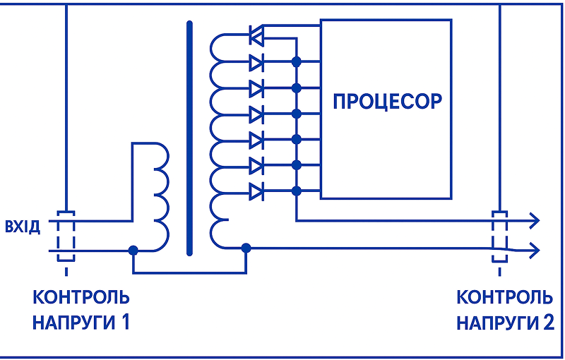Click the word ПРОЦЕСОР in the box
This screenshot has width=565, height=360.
click(x=387, y=101)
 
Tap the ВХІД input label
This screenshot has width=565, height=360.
click(x=23, y=227)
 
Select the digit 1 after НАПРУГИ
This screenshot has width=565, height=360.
click(x=124, y=322)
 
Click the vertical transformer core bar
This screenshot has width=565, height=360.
click(x=189, y=138)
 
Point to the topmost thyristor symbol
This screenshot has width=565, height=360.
click(x=256, y=35)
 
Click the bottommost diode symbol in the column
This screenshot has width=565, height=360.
click(x=256, y=191)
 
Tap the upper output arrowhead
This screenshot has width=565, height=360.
click(x=534, y=220)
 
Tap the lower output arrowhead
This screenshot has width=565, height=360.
click(x=534, y=248)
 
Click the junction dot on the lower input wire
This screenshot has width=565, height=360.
click(x=133, y=250)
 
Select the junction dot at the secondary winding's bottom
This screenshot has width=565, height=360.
click(x=246, y=248)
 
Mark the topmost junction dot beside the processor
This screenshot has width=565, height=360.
click(x=296, y=61)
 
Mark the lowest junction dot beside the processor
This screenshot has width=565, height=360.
click(x=296, y=191)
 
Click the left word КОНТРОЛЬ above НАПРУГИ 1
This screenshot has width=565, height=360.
click(x=81, y=297)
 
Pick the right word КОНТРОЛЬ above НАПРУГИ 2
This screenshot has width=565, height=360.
click(x=504, y=297)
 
